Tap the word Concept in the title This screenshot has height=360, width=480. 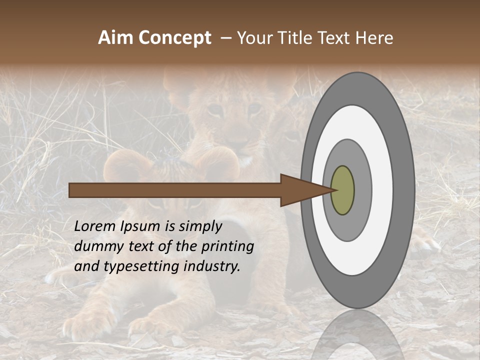[175, 38]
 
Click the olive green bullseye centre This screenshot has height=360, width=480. [343, 190]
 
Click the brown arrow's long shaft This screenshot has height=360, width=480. [175, 190]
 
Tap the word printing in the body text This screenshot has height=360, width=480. [227, 247]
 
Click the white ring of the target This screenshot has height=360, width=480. [382, 190]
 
